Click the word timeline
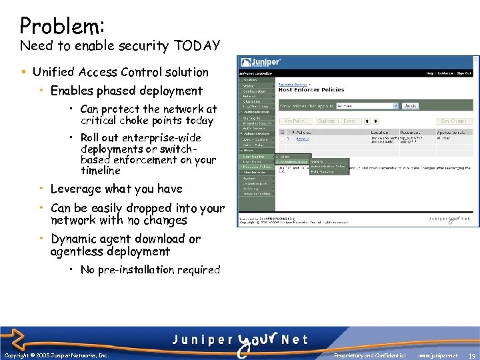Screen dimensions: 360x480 pos(101,171)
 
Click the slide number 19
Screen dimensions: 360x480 pos(471,355)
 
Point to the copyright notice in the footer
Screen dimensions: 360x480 pos(56,355)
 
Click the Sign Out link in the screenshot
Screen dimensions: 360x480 pos(464,73)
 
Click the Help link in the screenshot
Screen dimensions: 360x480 pos(430,73)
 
